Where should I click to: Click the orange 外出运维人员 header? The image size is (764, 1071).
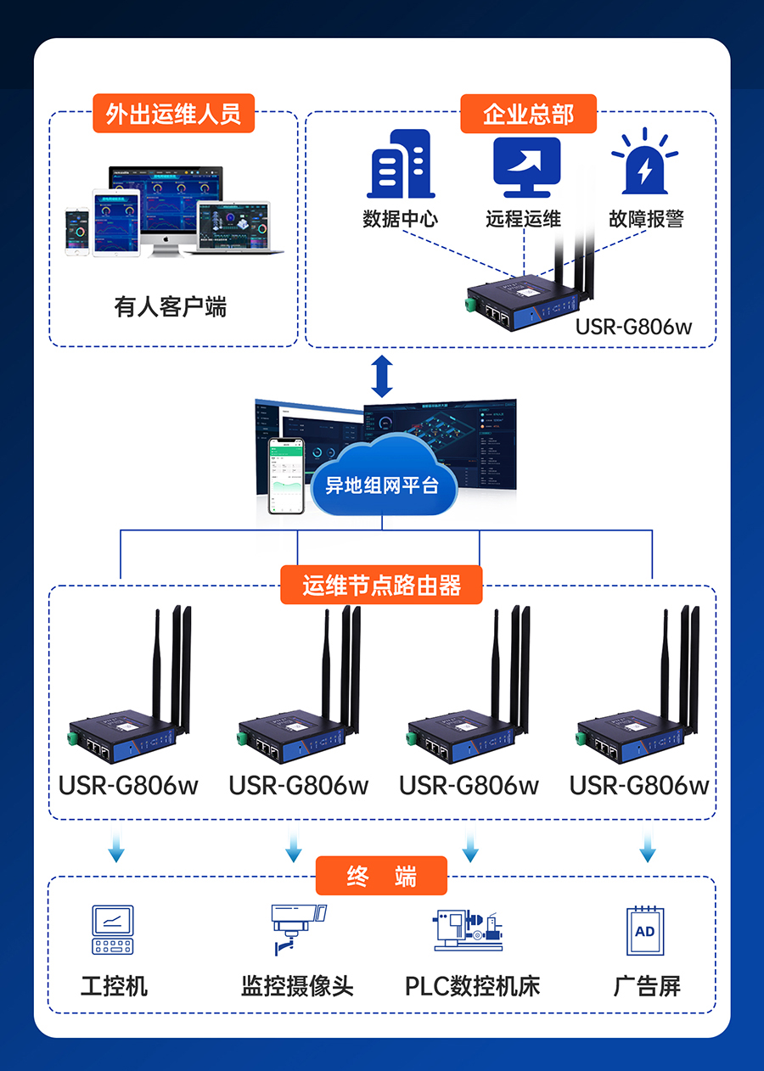pyautogui.click(x=173, y=114)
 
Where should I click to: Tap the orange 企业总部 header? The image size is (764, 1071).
pyautogui.click(x=528, y=114)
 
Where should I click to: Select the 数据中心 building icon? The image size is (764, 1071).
pyautogui.click(x=400, y=165)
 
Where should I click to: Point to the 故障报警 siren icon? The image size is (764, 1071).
pyautogui.click(x=645, y=163)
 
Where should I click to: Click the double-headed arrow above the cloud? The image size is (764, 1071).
pyautogui.click(x=382, y=376)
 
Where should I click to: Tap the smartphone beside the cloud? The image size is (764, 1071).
pyautogui.click(x=286, y=475)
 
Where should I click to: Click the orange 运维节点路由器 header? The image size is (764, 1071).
pyautogui.click(x=381, y=585)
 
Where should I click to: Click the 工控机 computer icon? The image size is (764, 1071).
pyautogui.click(x=113, y=930)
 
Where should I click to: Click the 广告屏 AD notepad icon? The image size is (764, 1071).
pyautogui.click(x=645, y=930)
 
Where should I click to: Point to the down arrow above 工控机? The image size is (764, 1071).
pyautogui.click(x=116, y=848)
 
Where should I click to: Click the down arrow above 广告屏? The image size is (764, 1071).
pyautogui.click(x=648, y=848)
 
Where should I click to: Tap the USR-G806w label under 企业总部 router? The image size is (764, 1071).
pyautogui.click(x=633, y=326)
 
